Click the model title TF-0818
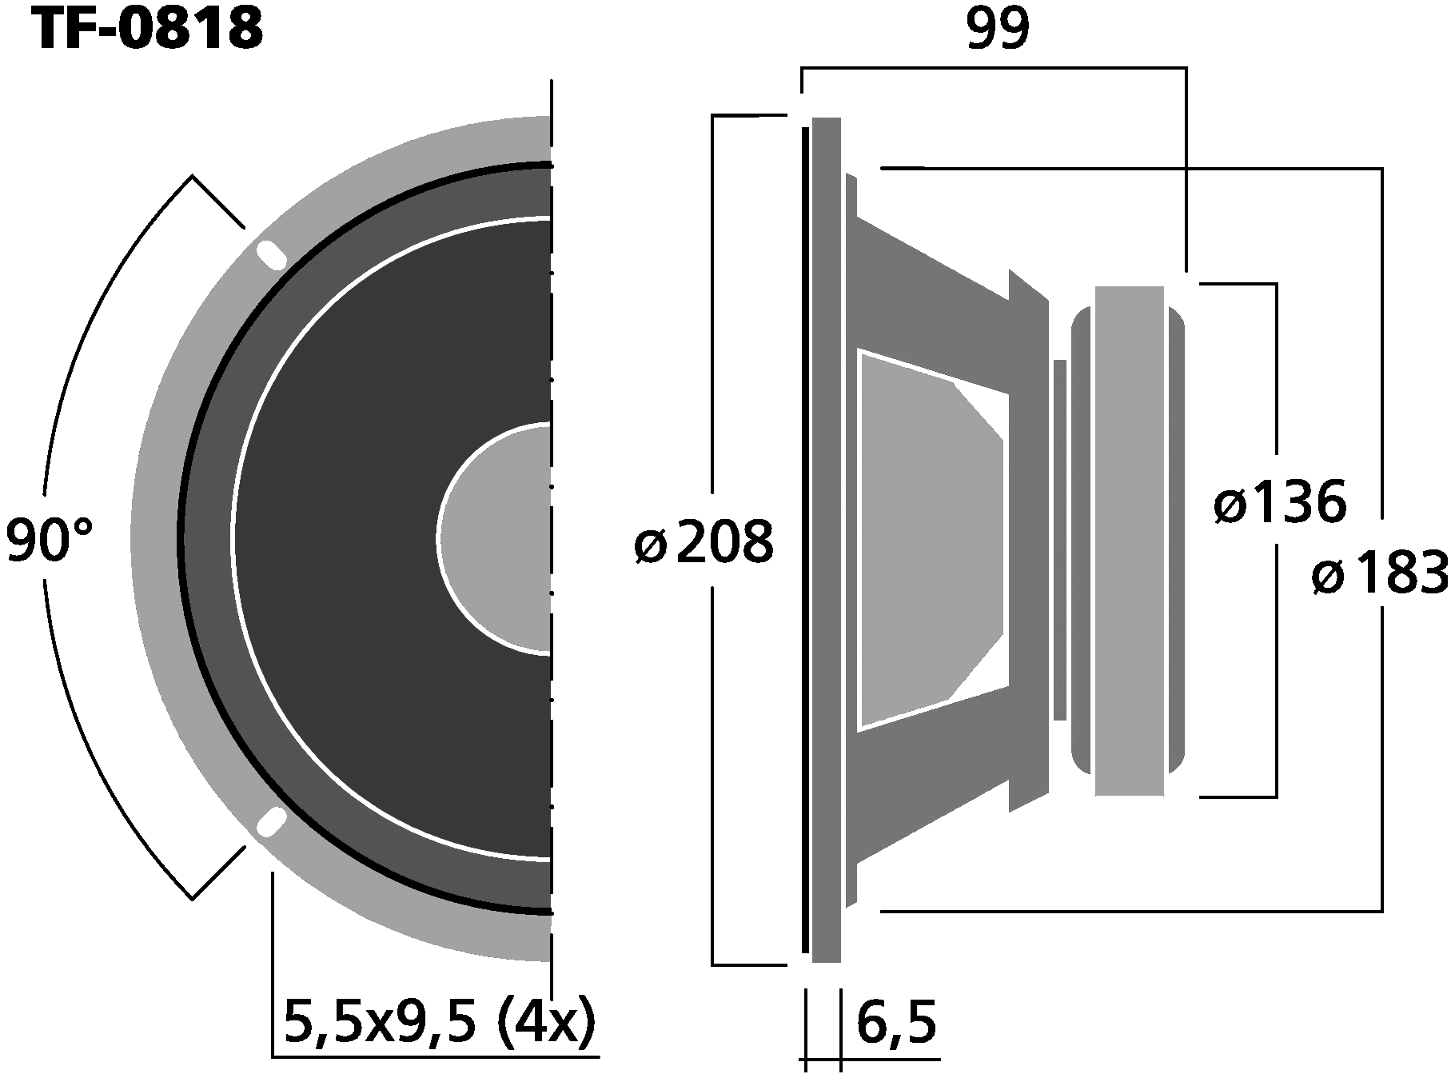pyautogui.click(x=148, y=30)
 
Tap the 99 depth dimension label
pyautogui.click(x=997, y=30)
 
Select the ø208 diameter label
pyautogui.click(x=704, y=542)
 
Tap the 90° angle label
pyautogui.click(x=50, y=540)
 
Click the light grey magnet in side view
pyautogui.click(x=1129, y=540)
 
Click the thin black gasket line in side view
pyautogui.click(x=805, y=540)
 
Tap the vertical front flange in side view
pyautogui.click(x=826, y=540)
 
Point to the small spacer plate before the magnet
pyautogui.click(x=1059, y=540)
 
